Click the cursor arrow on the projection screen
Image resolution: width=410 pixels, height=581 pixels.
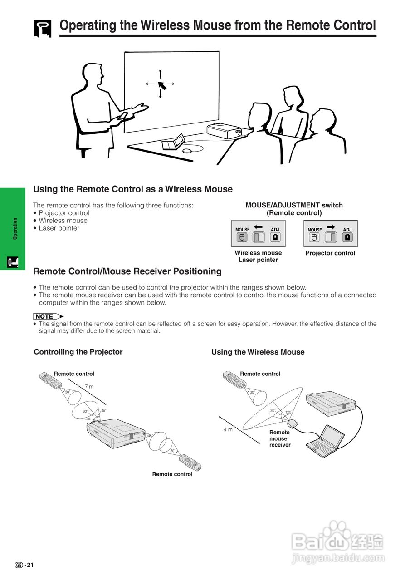coord(161,85)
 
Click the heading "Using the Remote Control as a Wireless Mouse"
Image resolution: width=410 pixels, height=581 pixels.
coord(133,189)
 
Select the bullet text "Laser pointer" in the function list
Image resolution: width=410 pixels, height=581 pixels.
coord(59,228)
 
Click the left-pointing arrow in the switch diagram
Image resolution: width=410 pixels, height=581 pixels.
coord(259,226)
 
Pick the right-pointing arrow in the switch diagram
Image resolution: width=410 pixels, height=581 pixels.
coord(330,226)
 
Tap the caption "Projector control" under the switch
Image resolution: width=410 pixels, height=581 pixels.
coord(330,253)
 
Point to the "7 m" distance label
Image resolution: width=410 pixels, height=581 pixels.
coord(89,387)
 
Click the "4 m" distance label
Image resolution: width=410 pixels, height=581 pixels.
coord(228,429)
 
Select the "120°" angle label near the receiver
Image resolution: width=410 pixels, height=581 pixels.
coord(288,412)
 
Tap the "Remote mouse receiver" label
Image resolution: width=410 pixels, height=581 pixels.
coord(279,438)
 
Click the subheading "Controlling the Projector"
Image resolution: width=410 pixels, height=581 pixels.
coord(78,352)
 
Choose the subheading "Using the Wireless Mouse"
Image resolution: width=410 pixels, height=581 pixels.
coord(258,352)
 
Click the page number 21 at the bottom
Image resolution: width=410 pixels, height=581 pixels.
coord(30,565)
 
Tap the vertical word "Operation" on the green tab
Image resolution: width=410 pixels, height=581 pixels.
coord(15,228)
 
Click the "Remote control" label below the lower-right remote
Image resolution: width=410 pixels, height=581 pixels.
coord(172,474)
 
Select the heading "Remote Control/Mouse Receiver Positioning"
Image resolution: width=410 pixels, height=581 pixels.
coord(127,271)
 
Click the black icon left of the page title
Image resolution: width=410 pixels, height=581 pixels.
coord(43,28)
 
